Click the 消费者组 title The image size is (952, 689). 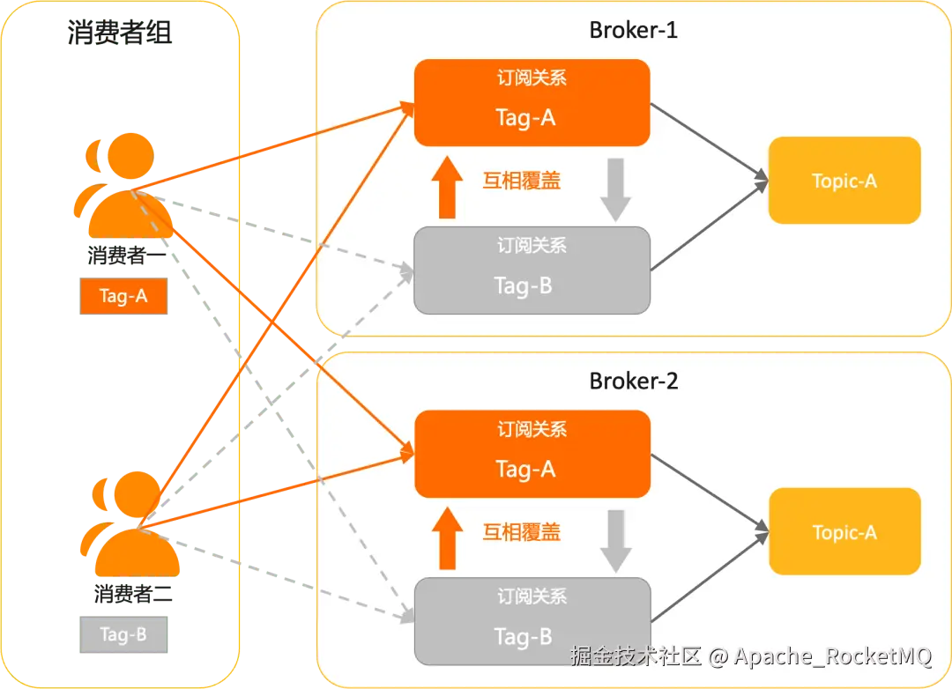pyautogui.click(x=120, y=32)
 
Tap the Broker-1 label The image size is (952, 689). pyautogui.click(x=633, y=30)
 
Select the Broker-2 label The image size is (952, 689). pyautogui.click(x=633, y=381)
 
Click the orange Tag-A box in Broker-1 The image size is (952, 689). pyautogui.click(x=532, y=102)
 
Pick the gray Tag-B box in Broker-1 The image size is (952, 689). pyautogui.click(x=532, y=270)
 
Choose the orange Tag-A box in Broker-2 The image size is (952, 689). pyautogui.click(x=532, y=454)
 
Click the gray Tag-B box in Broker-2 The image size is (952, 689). pyautogui.click(x=532, y=621)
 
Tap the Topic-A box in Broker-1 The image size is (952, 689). pyautogui.click(x=844, y=181)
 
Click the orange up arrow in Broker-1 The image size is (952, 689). pyautogui.click(x=447, y=187)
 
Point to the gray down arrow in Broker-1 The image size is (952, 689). pyautogui.click(x=615, y=189)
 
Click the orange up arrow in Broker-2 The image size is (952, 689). pyautogui.click(x=448, y=537)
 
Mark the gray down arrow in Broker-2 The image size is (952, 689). pyautogui.click(x=616, y=541)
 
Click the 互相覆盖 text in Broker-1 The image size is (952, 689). pyautogui.click(x=522, y=181)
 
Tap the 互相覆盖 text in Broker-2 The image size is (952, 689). pyautogui.click(x=522, y=532)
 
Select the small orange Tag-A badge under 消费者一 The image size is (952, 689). pyautogui.click(x=123, y=296)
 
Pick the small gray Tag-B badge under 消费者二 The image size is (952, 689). pyautogui.click(x=123, y=634)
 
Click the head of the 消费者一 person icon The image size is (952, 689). pyautogui.click(x=130, y=156)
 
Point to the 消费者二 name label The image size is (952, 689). pyautogui.click(x=133, y=593)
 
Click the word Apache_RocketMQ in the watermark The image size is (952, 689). pyautogui.click(x=832, y=656)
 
